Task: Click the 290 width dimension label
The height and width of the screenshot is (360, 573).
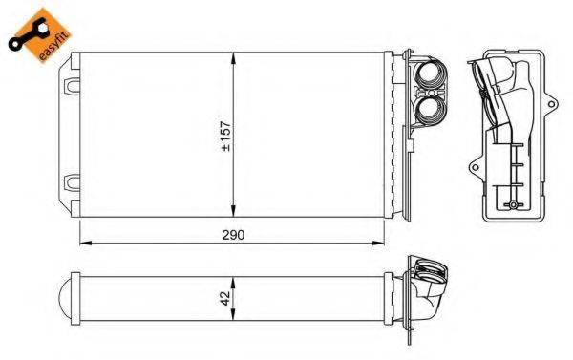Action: pyautogui.click(x=233, y=235)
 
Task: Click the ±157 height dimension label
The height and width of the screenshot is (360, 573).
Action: pyautogui.click(x=226, y=136)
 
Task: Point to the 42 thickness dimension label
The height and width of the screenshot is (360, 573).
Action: pyautogui.click(x=225, y=298)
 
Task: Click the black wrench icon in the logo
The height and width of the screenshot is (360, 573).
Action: pyautogui.click(x=28, y=34)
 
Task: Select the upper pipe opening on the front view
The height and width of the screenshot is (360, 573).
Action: pyautogui.click(x=431, y=74)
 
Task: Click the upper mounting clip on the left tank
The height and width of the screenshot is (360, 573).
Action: pyautogui.click(x=72, y=86)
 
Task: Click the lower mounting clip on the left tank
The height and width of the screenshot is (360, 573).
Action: pyautogui.click(x=72, y=182)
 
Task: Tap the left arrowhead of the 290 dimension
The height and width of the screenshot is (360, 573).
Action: pyautogui.click(x=86, y=243)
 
